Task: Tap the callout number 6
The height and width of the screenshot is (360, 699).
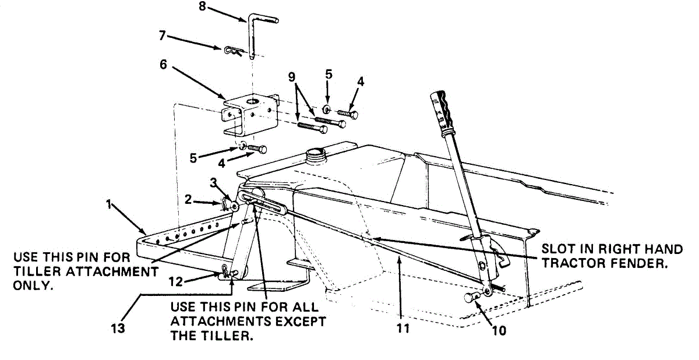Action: [x=164, y=65]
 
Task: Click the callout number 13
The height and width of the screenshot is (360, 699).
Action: [x=118, y=329]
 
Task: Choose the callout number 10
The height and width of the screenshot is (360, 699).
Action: [x=499, y=331]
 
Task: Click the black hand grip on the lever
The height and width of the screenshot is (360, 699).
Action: [x=443, y=110]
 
